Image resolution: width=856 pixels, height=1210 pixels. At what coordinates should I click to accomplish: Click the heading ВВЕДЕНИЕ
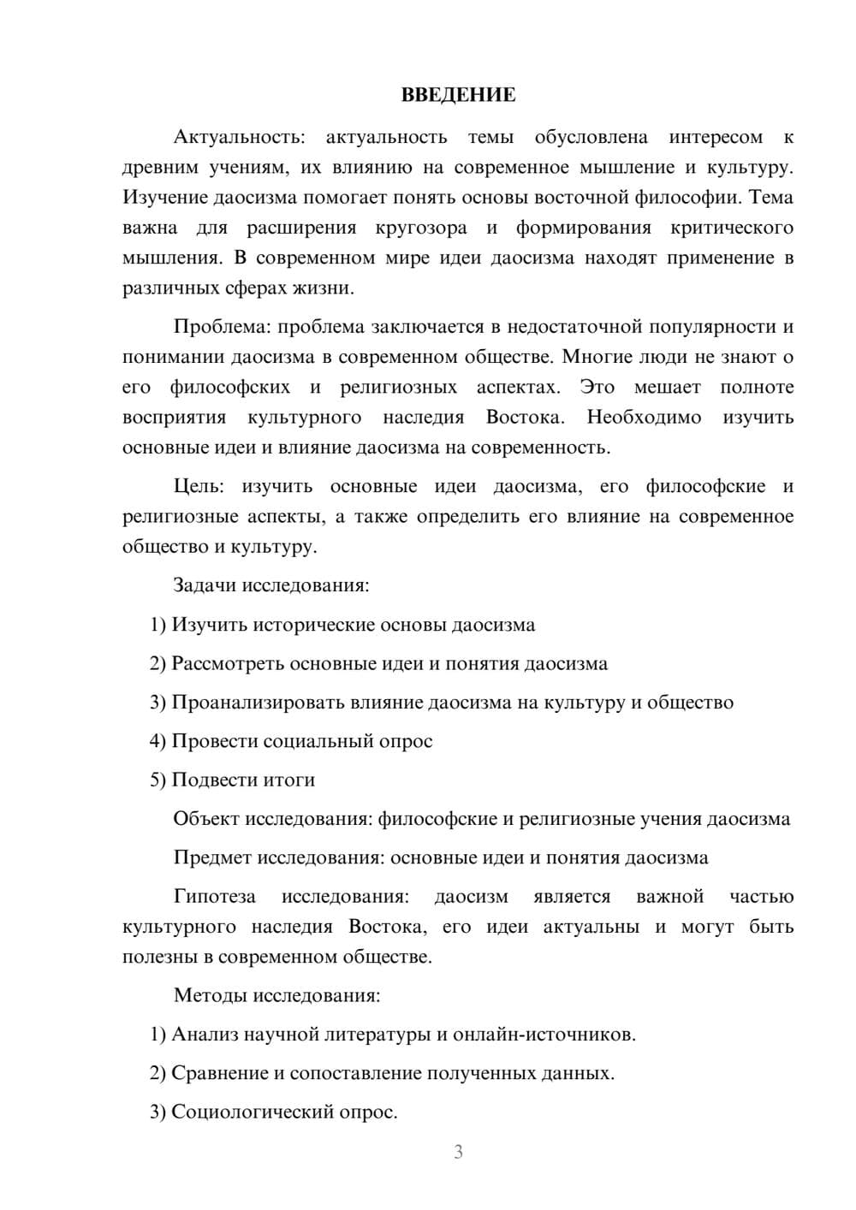pos(458,95)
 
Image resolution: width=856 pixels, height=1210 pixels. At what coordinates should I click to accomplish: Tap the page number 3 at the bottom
pos(458,1152)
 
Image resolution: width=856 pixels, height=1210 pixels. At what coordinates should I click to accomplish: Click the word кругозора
pos(421,228)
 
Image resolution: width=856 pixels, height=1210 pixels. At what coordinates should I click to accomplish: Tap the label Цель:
pos(199,487)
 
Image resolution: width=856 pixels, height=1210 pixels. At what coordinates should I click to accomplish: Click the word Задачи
pos(205,586)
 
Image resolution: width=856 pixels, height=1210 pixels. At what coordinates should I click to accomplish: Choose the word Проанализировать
pos(258,703)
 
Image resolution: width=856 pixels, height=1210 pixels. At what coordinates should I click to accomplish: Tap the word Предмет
pos(212,857)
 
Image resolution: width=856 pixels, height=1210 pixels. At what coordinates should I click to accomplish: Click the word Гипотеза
pos(215,897)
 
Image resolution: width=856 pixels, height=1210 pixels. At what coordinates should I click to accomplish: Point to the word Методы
pos(205,995)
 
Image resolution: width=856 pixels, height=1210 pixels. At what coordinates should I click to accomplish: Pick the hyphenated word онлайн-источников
pos(544,1035)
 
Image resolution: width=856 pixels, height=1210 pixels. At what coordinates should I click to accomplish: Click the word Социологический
pos(254,1112)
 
